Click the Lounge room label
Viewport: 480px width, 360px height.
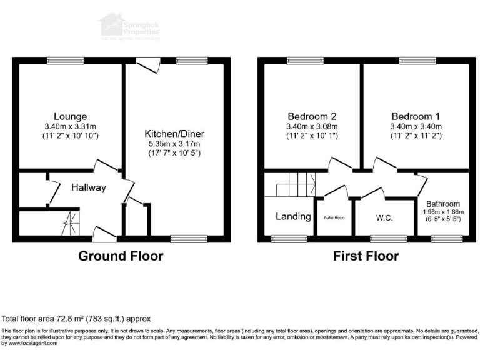click(x=70, y=116)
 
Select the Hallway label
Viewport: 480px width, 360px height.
click(x=88, y=187)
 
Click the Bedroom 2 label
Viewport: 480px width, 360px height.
click(x=312, y=116)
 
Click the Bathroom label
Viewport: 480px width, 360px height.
click(x=443, y=204)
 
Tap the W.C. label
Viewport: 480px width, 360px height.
click(x=384, y=217)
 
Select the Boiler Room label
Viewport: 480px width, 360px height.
click(x=334, y=218)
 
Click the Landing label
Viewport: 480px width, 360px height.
click(x=293, y=217)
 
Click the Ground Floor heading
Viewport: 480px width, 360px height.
click(x=121, y=256)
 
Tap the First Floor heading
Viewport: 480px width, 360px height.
click(x=366, y=256)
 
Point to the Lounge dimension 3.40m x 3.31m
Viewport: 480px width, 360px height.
click(x=70, y=127)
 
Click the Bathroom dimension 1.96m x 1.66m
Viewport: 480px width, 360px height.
click(x=443, y=212)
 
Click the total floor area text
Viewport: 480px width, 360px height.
click(x=76, y=318)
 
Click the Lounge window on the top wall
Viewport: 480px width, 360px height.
click(x=65, y=61)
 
